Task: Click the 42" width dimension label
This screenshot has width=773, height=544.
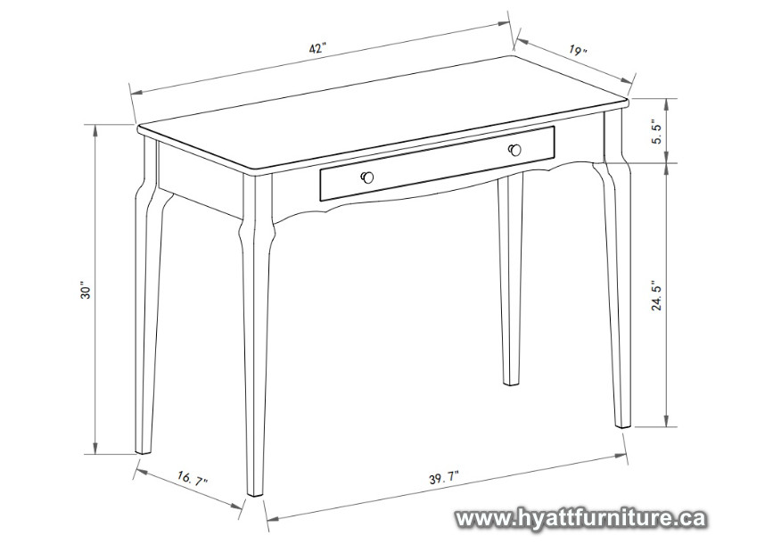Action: pyautogui.click(x=318, y=48)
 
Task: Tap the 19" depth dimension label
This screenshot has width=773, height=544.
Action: pyautogui.click(x=578, y=50)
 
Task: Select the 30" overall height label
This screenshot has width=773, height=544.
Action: pyautogui.click(x=86, y=291)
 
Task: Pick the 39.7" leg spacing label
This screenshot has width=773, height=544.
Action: pyautogui.click(x=444, y=478)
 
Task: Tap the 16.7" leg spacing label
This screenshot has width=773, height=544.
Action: pyautogui.click(x=193, y=478)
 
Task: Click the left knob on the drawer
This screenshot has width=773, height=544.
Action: pyautogui.click(x=367, y=177)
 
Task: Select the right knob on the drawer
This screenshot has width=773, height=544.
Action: pyautogui.click(x=514, y=150)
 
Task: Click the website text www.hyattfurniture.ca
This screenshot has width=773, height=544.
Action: pyautogui.click(x=580, y=519)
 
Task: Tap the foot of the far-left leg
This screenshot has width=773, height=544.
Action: pyautogui.click(x=143, y=449)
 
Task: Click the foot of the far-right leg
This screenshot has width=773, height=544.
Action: pyautogui.click(x=623, y=424)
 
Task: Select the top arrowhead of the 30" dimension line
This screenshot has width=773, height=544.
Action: pyautogui.click(x=95, y=129)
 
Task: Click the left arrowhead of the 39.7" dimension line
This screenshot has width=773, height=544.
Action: pyautogui.click(x=271, y=518)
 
